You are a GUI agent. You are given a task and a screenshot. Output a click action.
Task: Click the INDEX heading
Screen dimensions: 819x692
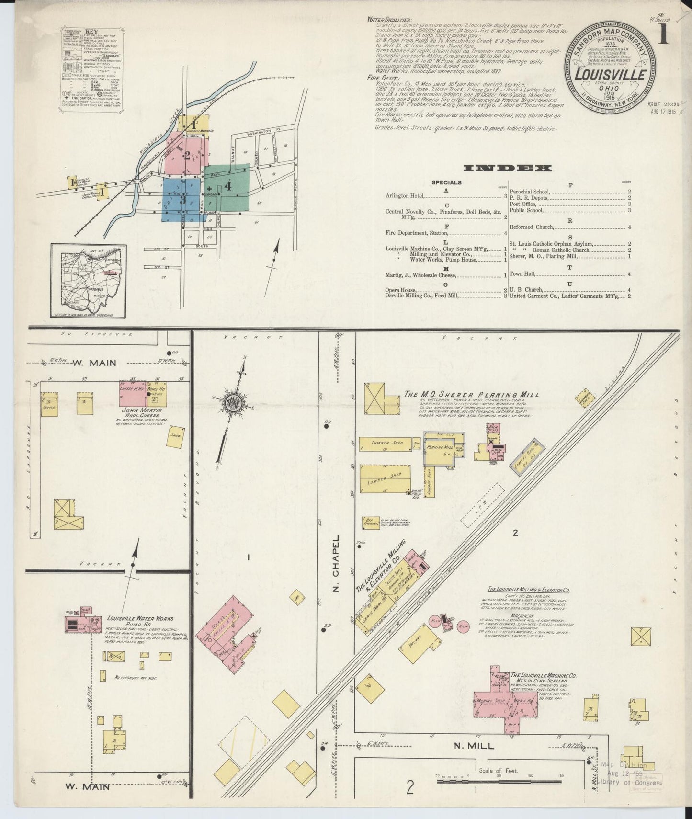pyautogui.click(x=507, y=168)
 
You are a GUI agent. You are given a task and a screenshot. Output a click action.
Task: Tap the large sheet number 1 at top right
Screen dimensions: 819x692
pyautogui.click(x=664, y=35)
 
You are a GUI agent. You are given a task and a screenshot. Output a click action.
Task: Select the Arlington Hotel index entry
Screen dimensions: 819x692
pyautogui.click(x=407, y=196)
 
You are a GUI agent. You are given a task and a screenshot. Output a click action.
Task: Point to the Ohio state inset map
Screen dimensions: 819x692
pyautogui.click(x=89, y=281)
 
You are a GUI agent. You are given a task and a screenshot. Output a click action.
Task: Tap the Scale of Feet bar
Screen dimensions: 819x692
pyautogui.click(x=498, y=783)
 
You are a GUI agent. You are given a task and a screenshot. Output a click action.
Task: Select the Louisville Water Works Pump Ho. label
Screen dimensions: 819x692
pyautogui.click(x=140, y=621)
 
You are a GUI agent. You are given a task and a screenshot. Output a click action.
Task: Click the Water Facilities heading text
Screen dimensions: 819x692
pyautogui.click(x=388, y=20)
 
